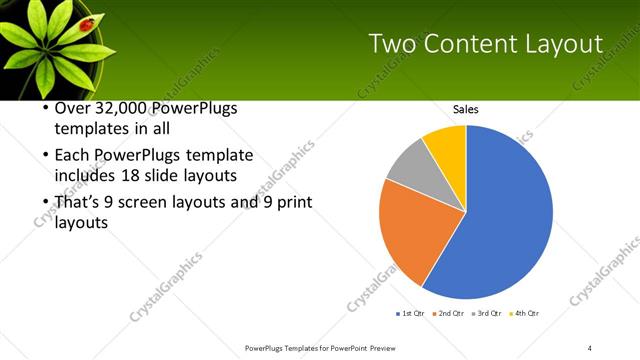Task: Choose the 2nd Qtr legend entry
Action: pyautogui.click(x=449, y=314)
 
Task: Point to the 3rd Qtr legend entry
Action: pyautogui.click(x=486, y=314)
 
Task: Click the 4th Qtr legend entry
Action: pyautogui.click(x=523, y=314)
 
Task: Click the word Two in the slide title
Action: pyautogui.click(x=391, y=44)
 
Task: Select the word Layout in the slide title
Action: pyautogui.click(x=567, y=44)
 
